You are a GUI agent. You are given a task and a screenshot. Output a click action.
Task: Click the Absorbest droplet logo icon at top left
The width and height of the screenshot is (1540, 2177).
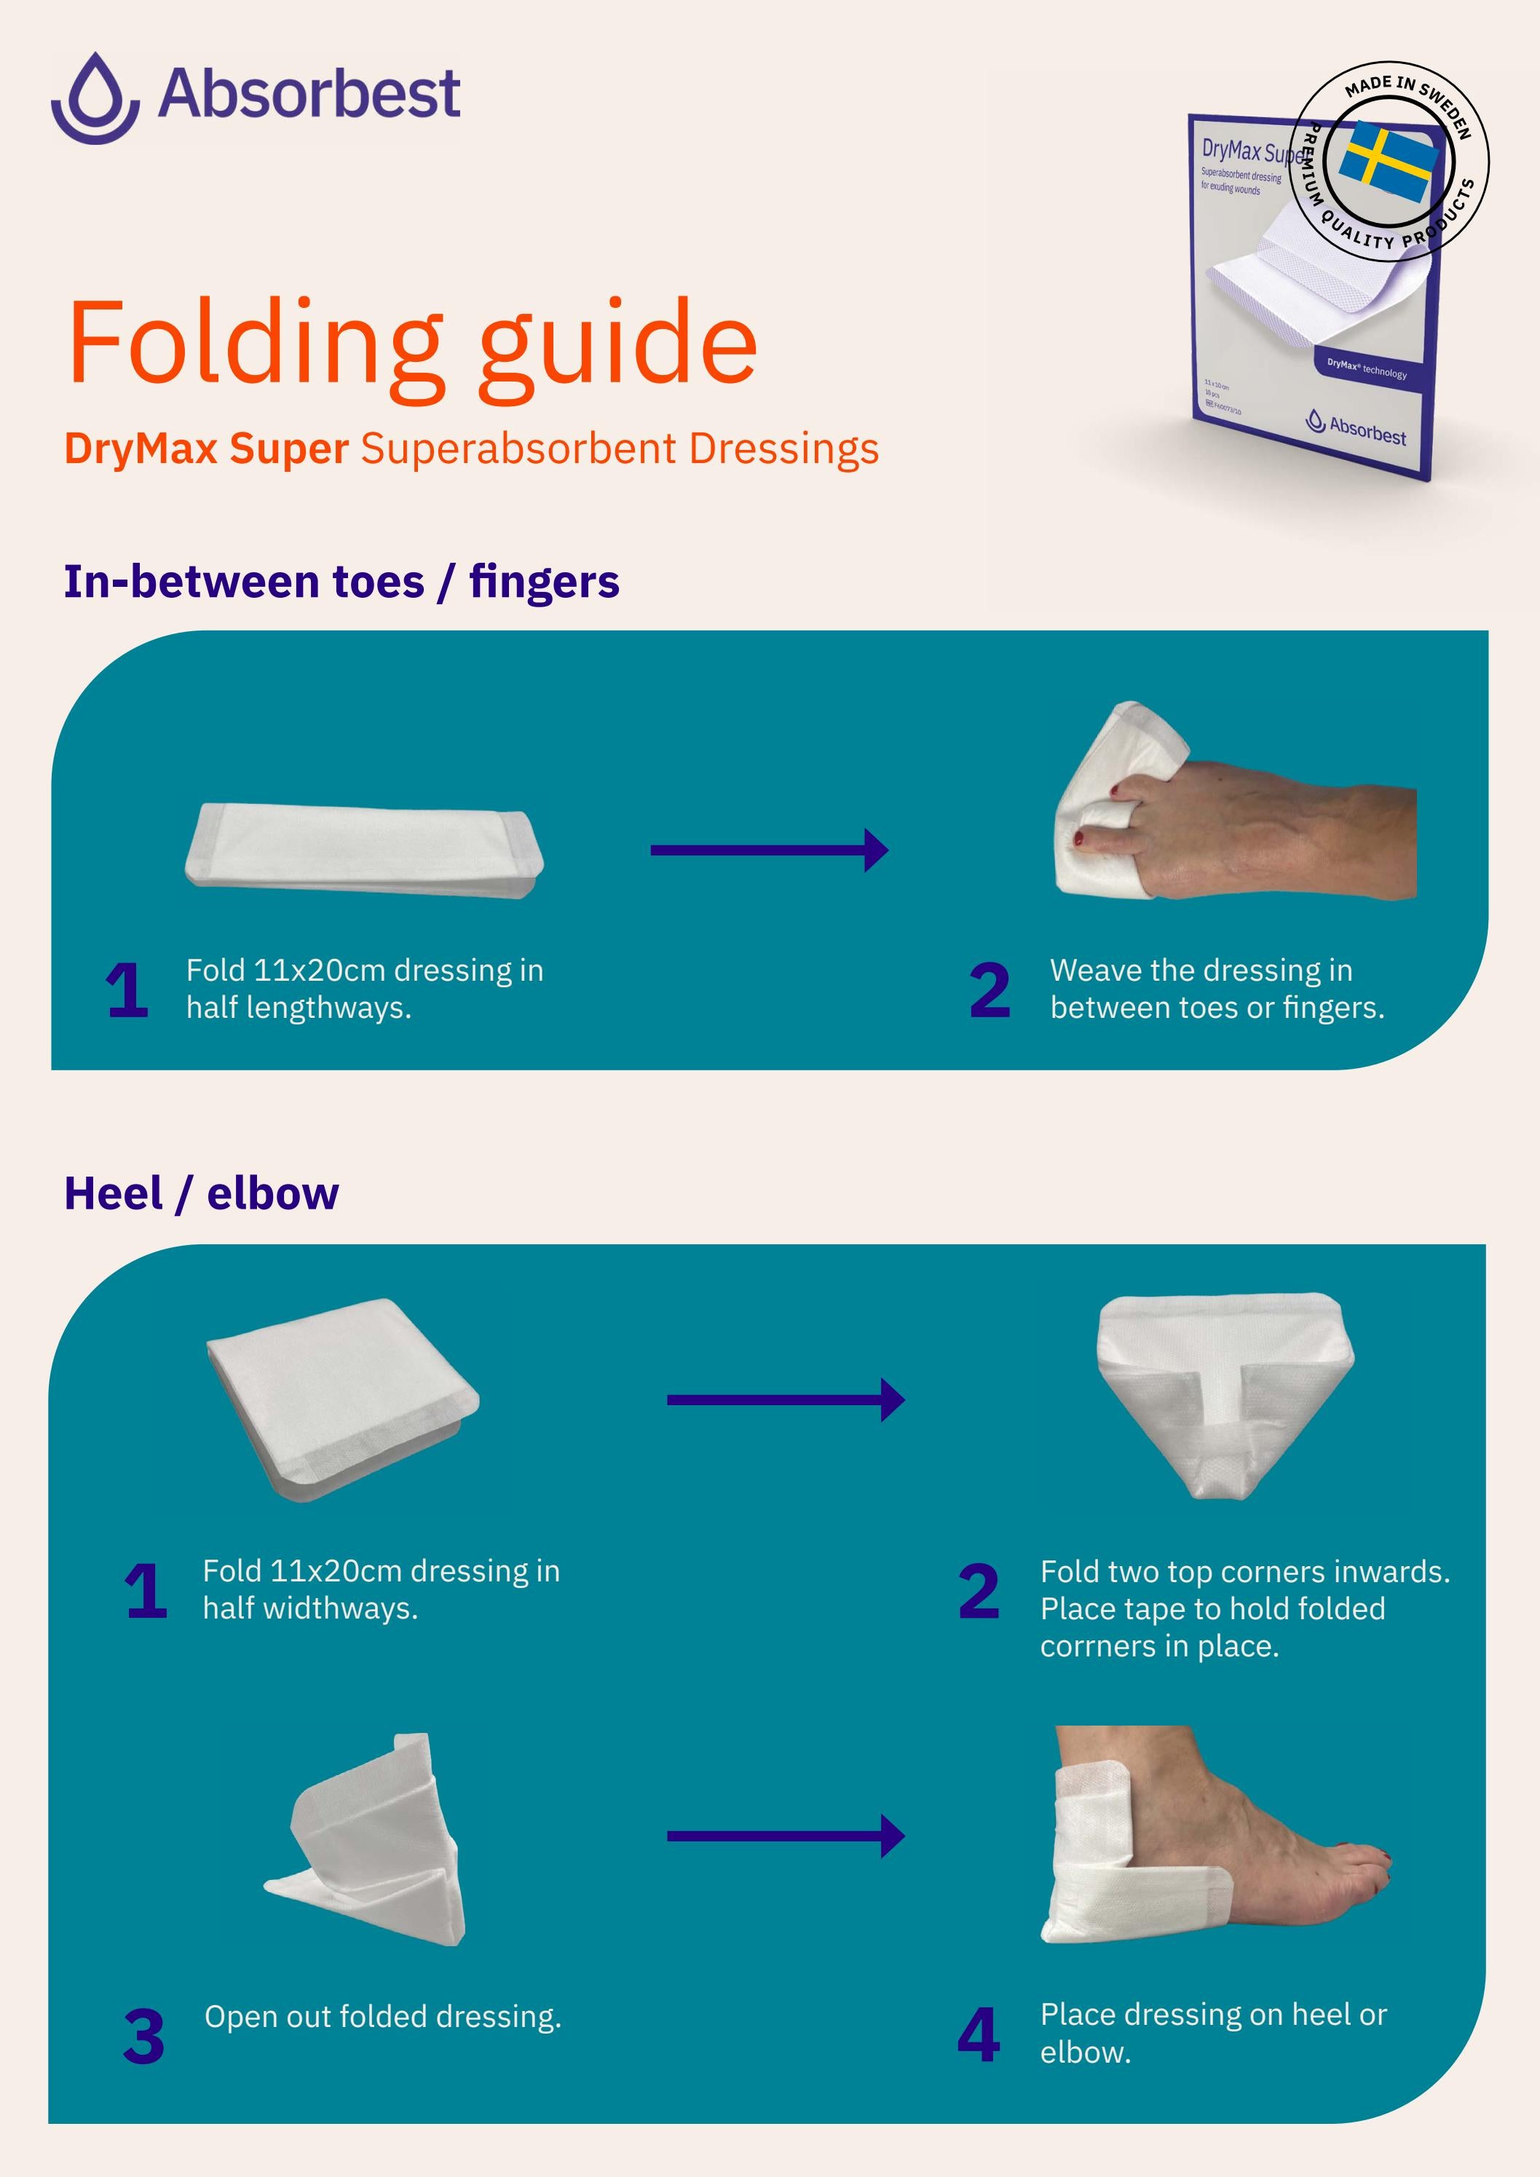pyautogui.click(x=95, y=98)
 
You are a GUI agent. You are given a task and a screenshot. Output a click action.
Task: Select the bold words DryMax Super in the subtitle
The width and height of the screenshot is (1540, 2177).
pyautogui.click(x=207, y=449)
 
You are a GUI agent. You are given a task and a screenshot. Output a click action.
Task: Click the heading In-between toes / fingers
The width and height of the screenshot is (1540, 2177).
pyautogui.click(x=341, y=581)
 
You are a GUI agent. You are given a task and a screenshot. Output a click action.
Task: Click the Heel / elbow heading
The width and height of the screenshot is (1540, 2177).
pyautogui.click(x=201, y=1193)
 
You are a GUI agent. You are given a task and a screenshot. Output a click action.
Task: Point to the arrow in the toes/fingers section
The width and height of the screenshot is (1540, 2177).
pyautogui.click(x=768, y=850)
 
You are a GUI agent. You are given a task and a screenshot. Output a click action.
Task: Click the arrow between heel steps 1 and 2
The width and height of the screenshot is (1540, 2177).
pyautogui.click(x=785, y=1399)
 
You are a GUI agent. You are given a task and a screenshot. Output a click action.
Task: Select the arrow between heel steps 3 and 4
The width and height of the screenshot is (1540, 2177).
pyautogui.click(x=785, y=1836)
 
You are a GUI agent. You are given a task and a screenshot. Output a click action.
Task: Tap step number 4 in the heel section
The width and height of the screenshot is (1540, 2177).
pyautogui.click(x=979, y=2035)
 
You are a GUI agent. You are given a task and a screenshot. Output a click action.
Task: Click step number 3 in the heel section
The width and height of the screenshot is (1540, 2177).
pyautogui.click(x=144, y=2036)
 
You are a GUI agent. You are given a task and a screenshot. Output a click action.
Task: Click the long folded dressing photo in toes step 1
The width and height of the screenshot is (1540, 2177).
pyautogui.click(x=364, y=850)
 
